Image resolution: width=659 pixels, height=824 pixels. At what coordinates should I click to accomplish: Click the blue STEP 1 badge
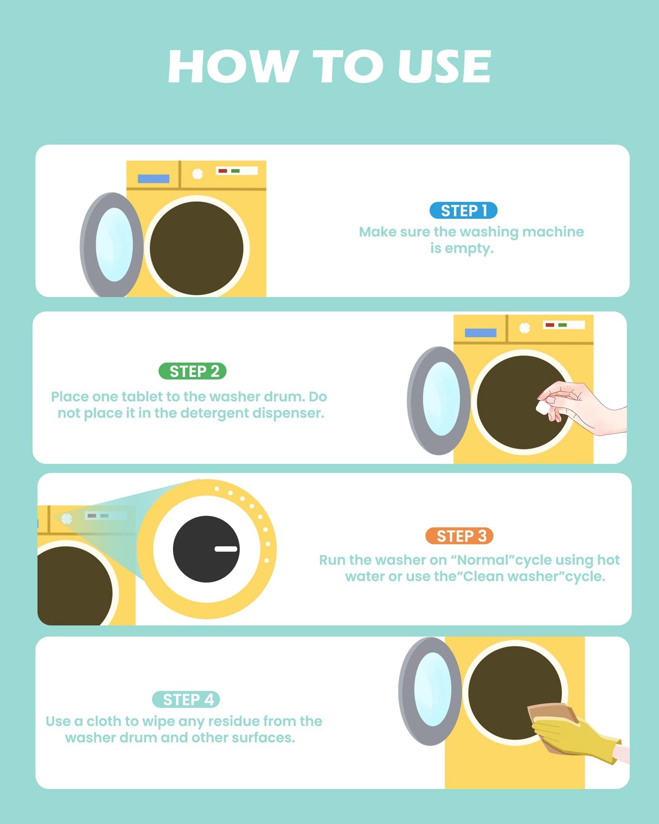(x=463, y=211)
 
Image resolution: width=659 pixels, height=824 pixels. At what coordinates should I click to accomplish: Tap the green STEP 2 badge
(x=193, y=371)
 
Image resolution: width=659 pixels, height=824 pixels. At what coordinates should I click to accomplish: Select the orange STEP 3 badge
(x=460, y=536)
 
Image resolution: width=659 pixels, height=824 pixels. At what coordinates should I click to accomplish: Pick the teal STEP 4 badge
(x=186, y=699)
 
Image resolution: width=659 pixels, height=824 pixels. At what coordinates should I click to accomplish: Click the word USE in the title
(x=444, y=66)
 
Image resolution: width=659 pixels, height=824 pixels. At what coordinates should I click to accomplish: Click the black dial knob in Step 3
(x=206, y=549)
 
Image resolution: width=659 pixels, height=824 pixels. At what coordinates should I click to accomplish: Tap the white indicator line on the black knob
(x=226, y=549)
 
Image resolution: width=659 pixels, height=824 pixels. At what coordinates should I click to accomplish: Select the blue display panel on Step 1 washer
(x=153, y=179)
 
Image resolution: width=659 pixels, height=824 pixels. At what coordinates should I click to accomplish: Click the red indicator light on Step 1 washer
(x=223, y=171)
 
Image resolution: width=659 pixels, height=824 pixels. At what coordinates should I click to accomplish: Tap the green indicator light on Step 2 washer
(x=563, y=325)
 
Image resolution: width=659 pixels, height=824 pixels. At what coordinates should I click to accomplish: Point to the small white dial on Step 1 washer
(x=198, y=174)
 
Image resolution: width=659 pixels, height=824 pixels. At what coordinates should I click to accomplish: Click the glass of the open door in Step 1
(x=114, y=245)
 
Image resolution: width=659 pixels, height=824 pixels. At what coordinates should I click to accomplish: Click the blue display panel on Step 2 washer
(x=480, y=333)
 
